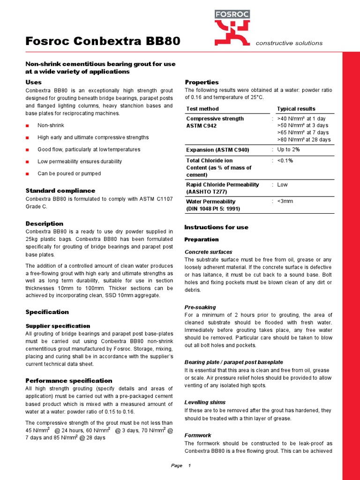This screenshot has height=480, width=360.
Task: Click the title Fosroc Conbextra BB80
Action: (103, 41)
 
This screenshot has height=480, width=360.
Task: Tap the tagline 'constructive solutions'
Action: (289, 43)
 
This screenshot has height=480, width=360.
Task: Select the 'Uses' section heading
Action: (34, 82)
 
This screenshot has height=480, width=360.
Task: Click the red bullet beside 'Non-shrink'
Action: (27, 126)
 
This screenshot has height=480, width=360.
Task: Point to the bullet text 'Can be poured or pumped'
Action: (69, 173)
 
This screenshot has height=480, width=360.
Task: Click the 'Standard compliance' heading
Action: (60, 191)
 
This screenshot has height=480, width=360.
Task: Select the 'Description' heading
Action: (44, 224)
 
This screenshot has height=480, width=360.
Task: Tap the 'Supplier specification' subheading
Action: (57, 326)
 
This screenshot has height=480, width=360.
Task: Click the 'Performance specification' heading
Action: (69, 381)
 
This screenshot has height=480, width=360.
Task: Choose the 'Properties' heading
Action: (202, 82)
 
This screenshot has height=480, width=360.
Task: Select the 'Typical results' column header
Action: (296, 109)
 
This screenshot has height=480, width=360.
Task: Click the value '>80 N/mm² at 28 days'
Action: (304, 140)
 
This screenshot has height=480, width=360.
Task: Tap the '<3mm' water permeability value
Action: (285, 202)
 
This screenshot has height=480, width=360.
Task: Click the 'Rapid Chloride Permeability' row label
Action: (222, 185)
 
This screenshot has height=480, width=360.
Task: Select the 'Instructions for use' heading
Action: (216, 227)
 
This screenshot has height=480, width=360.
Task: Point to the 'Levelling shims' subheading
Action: (205, 402)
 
